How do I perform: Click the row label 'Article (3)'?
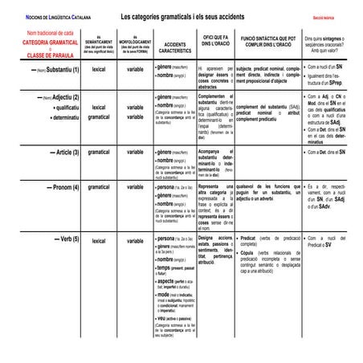(63, 152)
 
